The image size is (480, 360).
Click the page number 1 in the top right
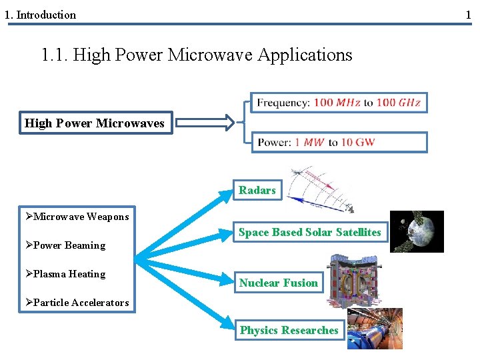click(468, 14)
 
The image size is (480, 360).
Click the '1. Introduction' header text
click(41, 15)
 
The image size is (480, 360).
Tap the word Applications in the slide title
click(306, 55)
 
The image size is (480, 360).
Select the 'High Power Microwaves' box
click(94, 123)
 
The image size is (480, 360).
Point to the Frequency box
click(339, 103)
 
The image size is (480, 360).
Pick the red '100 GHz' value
click(398, 103)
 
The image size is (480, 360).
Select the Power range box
click(339, 142)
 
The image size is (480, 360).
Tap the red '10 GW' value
click(356, 143)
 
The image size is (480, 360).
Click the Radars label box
click(257, 191)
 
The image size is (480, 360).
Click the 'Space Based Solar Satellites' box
click(310, 233)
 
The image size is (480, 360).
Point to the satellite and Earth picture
click(417, 231)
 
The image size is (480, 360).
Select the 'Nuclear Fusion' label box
click(279, 283)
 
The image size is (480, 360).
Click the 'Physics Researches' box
click(289, 330)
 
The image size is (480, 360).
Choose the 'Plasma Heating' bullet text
click(69, 274)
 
